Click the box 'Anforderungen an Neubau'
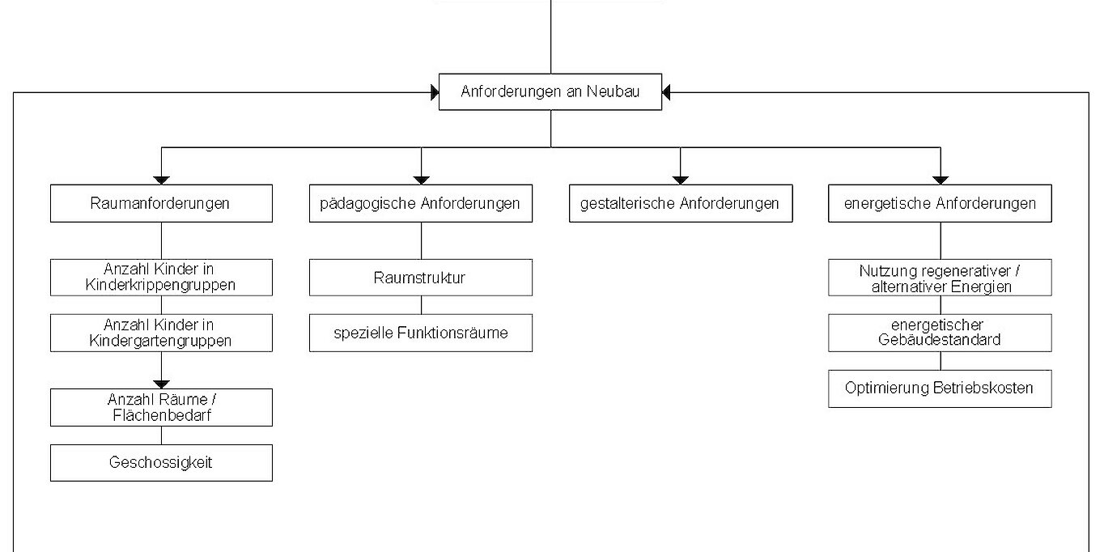550,91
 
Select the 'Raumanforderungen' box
161,203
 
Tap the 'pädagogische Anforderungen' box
421,203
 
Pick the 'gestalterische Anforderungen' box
681,203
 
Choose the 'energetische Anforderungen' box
940,203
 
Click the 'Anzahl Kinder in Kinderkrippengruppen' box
161,278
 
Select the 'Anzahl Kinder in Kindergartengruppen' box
161,333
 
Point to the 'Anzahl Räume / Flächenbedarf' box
161,408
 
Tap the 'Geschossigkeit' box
161,463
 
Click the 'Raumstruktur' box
421,278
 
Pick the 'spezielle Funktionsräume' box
421,333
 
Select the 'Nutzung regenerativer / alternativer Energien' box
940,278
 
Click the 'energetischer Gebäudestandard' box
940,333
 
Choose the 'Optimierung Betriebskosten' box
940,389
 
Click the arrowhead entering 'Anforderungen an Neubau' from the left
435,92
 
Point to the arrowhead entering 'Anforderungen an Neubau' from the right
666,92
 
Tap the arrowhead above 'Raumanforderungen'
161,180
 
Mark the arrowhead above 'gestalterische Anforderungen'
680,180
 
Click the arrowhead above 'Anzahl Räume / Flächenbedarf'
161,384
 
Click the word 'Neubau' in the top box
614,91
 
